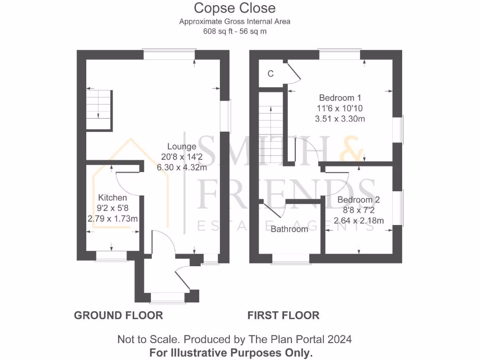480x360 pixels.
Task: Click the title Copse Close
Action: (235, 8)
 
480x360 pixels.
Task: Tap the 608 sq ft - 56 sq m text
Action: (235, 31)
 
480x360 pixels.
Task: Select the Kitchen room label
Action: (112, 198)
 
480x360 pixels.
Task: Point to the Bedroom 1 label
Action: (340, 98)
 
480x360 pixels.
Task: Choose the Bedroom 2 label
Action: (359, 200)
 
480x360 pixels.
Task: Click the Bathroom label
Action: (289, 229)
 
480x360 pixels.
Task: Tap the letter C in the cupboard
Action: (270, 74)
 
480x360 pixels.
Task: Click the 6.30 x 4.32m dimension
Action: (182, 167)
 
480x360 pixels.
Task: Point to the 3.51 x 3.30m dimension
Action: (340, 119)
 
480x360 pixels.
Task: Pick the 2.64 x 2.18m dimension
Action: (359, 220)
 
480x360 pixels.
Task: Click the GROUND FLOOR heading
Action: (118, 315)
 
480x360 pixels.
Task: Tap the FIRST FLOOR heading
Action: (283, 315)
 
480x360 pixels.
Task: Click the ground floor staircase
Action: (99, 110)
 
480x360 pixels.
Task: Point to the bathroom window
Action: (291, 259)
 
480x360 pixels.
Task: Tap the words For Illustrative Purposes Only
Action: (231, 352)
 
